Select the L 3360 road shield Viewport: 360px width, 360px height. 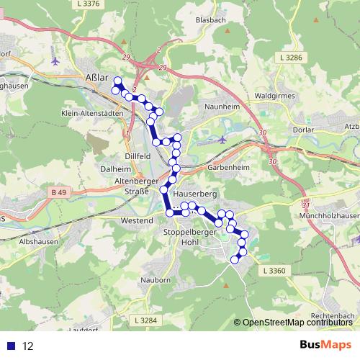(274, 270)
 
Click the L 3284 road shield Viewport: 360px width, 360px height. (145, 320)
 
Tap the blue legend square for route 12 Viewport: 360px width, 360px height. (11, 346)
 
